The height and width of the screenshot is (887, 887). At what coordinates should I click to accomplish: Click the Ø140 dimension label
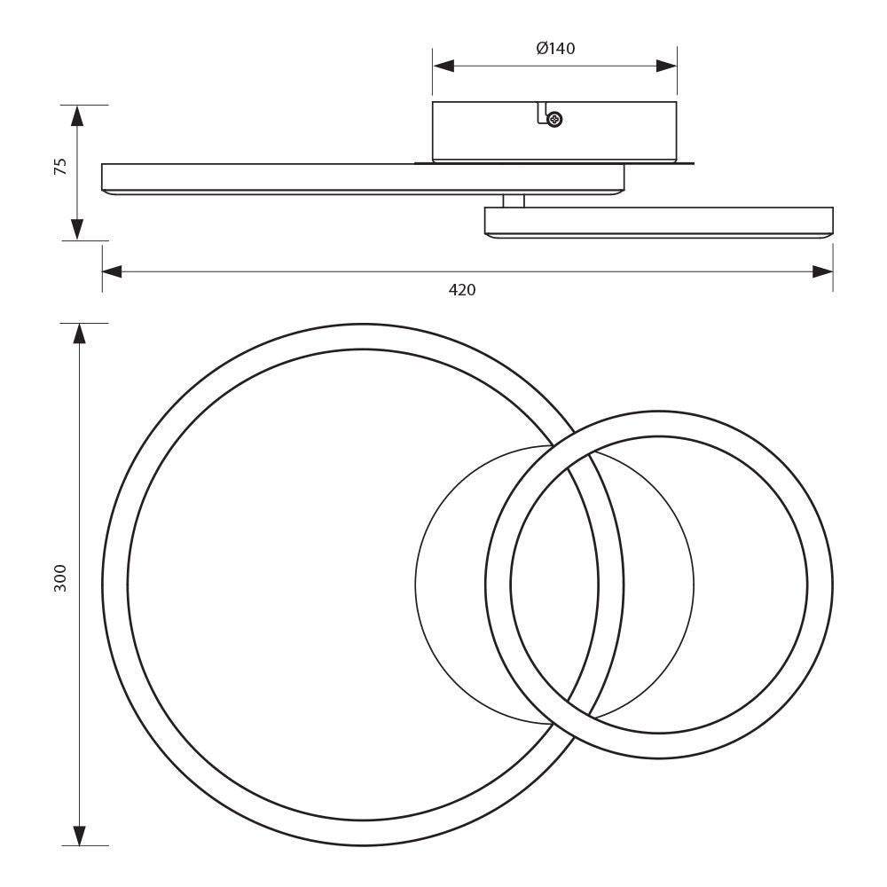(555, 49)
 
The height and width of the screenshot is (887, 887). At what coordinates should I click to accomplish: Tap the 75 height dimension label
(60, 169)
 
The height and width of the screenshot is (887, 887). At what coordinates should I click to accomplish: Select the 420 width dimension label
(461, 289)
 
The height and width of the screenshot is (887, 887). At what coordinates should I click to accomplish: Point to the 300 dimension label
(60, 577)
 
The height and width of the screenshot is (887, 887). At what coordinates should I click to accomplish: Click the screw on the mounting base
(555, 119)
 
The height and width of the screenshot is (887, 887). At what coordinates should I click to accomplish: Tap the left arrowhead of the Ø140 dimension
(443, 66)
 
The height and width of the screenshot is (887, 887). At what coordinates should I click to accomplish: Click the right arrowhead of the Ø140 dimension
(666, 66)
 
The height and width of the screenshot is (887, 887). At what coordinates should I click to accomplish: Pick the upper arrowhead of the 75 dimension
(78, 115)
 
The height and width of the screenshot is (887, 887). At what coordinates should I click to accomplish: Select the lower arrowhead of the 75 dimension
(78, 229)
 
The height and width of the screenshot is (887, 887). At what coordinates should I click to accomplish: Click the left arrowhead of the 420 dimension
(112, 271)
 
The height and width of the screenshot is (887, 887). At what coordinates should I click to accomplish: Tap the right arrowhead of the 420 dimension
(823, 271)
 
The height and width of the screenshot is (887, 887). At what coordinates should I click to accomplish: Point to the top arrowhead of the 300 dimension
(79, 334)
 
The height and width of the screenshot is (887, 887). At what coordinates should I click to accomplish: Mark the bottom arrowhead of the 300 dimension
(79, 835)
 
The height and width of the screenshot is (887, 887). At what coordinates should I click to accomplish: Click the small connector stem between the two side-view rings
(513, 200)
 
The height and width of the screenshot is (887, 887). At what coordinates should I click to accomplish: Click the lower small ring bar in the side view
(658, 221)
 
